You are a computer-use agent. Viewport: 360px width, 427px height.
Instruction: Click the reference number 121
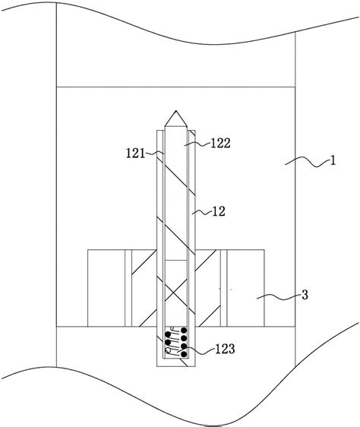click(x=136, y=153)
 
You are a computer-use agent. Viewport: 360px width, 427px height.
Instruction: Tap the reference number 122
click(x=220, y=143)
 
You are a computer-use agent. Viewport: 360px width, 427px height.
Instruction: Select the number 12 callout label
click(x=219, y=211)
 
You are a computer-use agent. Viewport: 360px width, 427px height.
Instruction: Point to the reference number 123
click(x=225, y=349)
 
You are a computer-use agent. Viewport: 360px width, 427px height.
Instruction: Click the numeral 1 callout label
click(x=333, y=160)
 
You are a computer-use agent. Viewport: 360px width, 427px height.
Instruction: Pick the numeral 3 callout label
click(x=305, y=295)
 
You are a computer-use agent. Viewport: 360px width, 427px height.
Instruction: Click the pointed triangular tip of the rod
click(x=176, y=111)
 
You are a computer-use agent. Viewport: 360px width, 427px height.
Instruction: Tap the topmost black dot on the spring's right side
click(x=184, y=331)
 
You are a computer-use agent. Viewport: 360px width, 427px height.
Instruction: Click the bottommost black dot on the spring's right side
click(x=184, y=354)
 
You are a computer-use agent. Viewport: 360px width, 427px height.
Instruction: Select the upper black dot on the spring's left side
click(x=168, y=334)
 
